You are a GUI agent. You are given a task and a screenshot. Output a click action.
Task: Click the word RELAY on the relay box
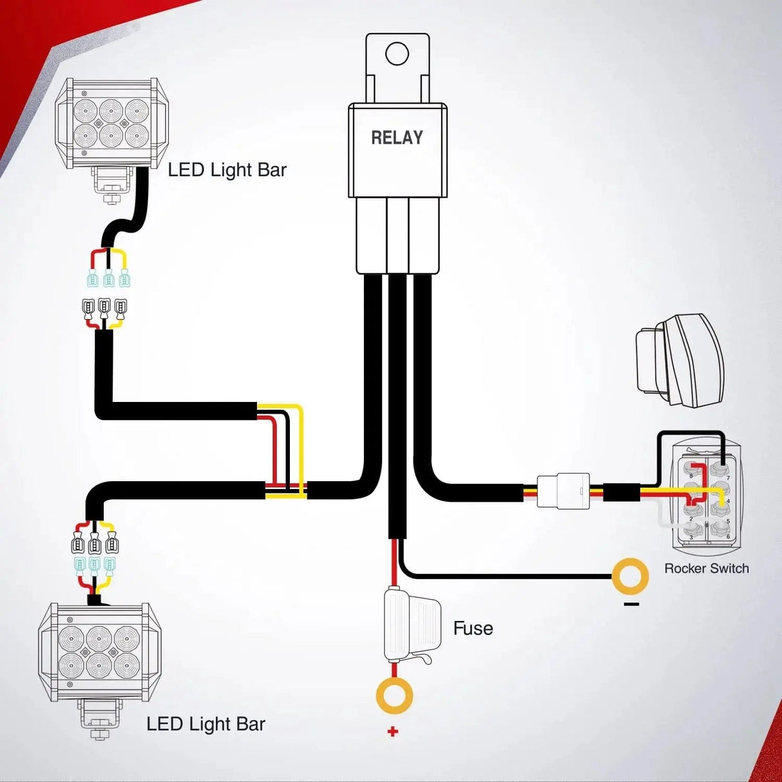397,137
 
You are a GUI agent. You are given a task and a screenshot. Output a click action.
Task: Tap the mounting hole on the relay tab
397,53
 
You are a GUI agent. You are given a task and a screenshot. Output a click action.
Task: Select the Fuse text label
473,628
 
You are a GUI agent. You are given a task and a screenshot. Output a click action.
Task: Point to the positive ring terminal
394,696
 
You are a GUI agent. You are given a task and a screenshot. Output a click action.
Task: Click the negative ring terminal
630,576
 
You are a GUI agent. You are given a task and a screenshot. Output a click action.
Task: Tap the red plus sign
393,731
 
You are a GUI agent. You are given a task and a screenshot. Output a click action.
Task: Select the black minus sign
631,604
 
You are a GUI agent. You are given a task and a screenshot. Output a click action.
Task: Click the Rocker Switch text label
707,568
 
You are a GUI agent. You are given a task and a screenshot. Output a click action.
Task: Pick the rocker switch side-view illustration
679,360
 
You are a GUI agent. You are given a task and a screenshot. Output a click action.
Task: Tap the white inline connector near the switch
564,491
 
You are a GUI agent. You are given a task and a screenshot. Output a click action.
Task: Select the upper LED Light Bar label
227,170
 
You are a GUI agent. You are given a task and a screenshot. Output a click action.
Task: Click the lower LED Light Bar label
205,724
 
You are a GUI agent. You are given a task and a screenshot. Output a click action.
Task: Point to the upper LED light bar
111,124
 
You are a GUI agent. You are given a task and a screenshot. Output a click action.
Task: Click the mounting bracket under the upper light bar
113,184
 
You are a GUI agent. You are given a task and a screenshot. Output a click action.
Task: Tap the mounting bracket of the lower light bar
100,718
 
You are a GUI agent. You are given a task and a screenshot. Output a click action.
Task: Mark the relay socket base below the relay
397,235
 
